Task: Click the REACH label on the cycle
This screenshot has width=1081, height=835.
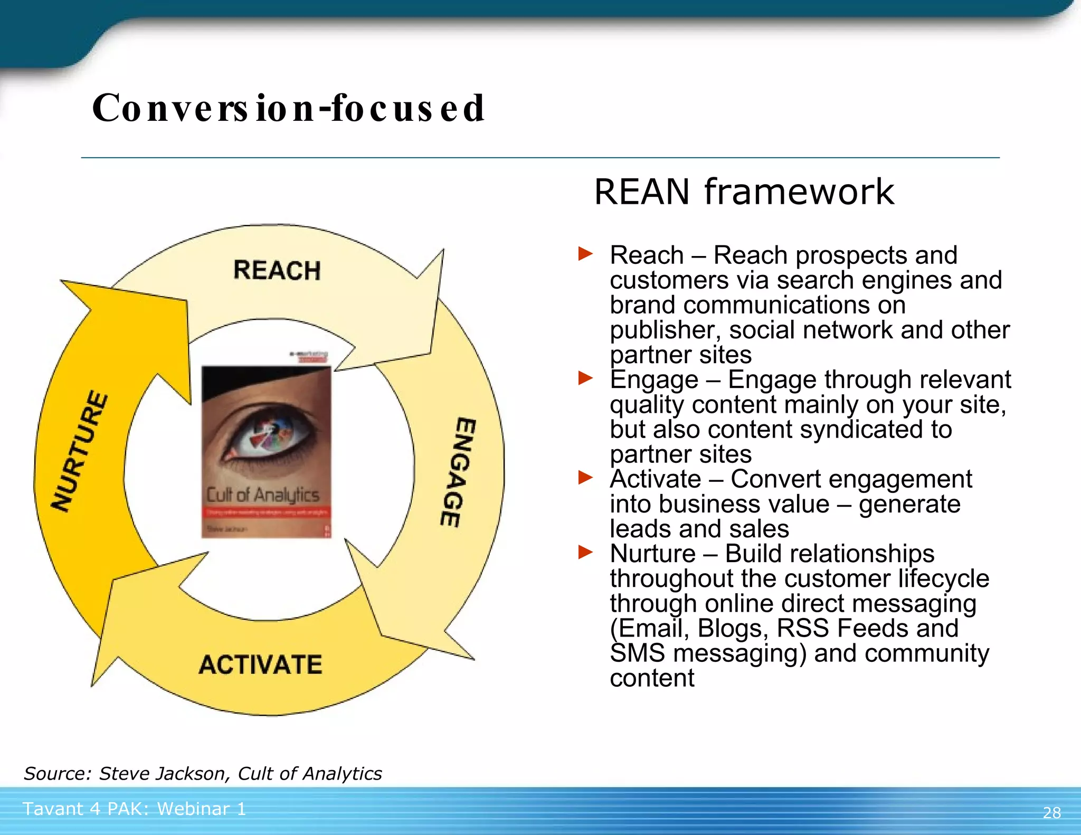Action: pos(277,270)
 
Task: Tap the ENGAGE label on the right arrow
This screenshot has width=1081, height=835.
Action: pos(458,472)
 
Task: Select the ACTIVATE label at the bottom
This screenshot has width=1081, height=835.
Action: pos(260,664)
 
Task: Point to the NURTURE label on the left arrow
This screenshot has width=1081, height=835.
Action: pos(80,451)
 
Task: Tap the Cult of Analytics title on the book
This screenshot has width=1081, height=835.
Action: pos(262,495)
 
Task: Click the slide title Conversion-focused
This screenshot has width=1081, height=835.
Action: pos(288,108)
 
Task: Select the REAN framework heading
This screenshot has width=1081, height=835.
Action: pos(744,192)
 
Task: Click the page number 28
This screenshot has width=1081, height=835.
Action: pos(1051,812)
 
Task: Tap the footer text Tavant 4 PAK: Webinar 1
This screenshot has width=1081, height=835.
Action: pos(134,809)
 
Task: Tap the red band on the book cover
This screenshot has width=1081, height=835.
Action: pos(267,512)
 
